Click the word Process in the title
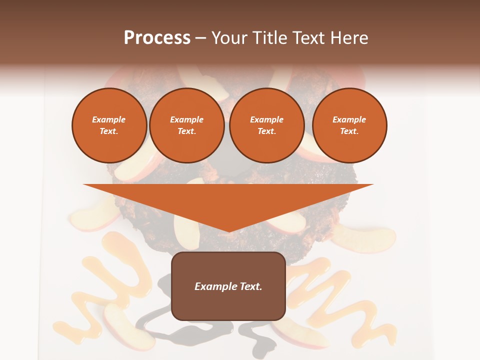tap(157, 38)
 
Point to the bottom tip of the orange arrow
tap(229, 231)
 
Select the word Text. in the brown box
tap(250, 286)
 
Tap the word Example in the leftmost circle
tap(109, 120)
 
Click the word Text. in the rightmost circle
tap(349, 131)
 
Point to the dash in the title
tap(200, 38)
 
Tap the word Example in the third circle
tap(266, 120)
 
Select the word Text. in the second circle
tap(186, 131)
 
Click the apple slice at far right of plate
tap(364, 238)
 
